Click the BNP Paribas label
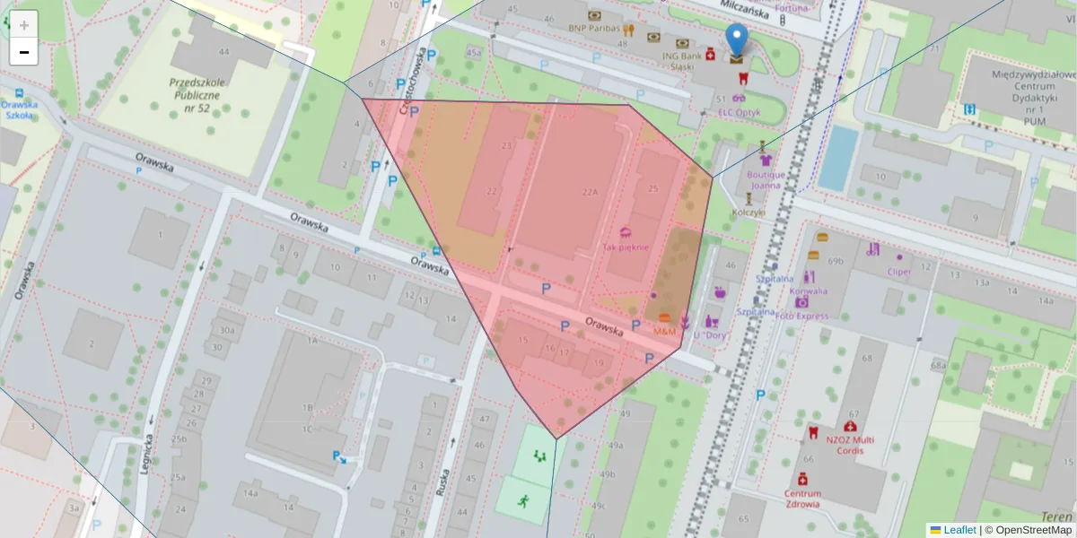(588, 28)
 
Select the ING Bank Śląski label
(679, 59)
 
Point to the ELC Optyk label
(739, 112)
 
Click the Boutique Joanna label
(766, 180)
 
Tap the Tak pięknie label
(626, 247)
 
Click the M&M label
(664, 332)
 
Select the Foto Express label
(801, 316)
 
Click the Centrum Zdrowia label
(801, 499)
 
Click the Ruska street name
(442, 484)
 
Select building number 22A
(590, 191)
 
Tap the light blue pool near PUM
(837, 158)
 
